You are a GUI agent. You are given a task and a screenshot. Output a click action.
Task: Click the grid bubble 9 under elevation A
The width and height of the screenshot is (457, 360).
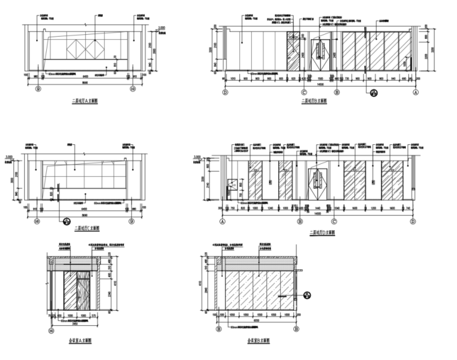tap(39, 89)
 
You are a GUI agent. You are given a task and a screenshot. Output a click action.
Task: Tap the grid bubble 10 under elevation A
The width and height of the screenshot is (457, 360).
tap(132, 89)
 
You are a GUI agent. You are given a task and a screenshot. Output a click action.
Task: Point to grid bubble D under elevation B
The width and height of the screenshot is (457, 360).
tap(225, 93)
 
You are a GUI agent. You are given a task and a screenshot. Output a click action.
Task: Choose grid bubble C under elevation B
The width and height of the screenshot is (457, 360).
tap(304, 93)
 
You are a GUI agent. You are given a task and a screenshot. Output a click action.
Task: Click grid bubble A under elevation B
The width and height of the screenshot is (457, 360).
tap(415, 93)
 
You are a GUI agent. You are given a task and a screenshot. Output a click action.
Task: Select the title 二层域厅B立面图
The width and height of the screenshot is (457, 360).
tap(314, 102)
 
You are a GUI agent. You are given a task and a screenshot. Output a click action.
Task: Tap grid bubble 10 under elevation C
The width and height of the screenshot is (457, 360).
tap(37, 221)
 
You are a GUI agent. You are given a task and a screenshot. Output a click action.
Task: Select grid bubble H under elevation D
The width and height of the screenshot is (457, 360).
tap(299, 221)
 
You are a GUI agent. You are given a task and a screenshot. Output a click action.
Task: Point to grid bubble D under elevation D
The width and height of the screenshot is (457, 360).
tap(413, 221)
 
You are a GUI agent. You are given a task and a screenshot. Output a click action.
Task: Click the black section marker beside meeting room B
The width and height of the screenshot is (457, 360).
tap(307, 294)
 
